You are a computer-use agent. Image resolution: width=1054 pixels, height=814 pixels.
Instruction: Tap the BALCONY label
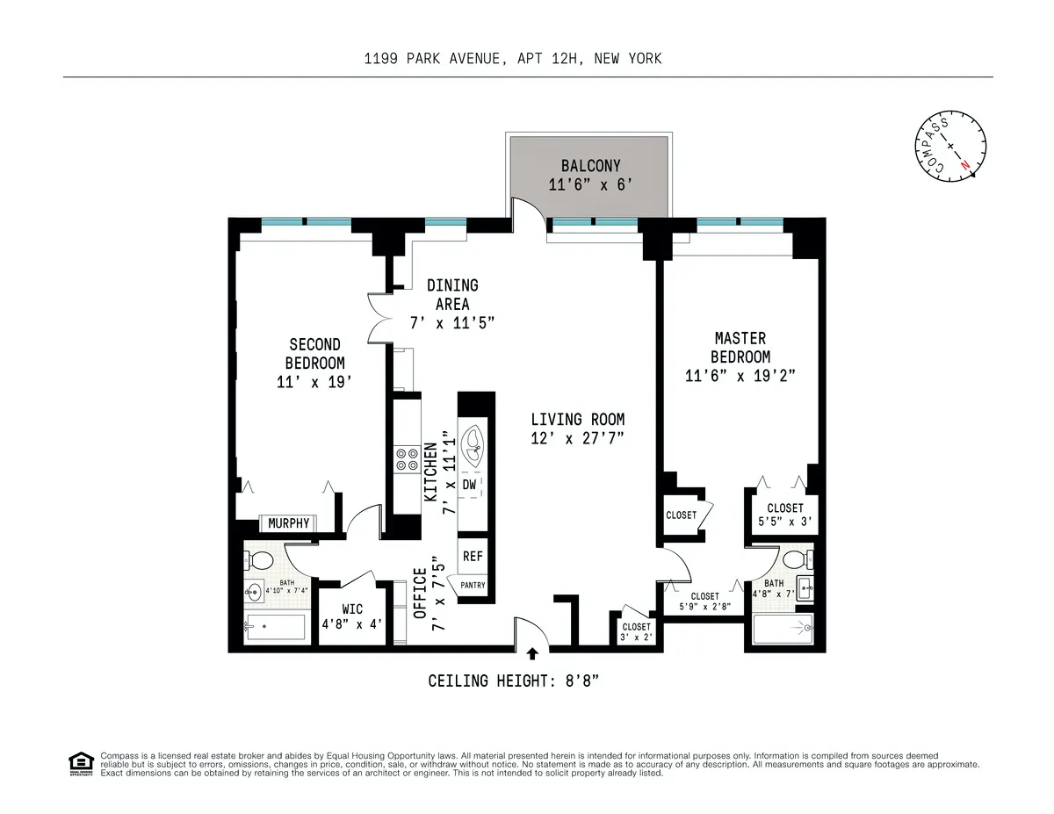[590, 165]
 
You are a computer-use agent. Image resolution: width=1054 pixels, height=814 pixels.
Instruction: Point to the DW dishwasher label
[469, 485]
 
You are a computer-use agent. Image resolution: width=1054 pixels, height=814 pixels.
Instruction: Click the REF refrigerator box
[472, 556]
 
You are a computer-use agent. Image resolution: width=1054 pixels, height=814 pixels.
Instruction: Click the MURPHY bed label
[289, 523]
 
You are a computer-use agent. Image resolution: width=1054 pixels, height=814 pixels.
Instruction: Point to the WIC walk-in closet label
[351, 610]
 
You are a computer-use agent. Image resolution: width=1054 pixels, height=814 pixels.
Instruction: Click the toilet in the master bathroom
[796, 559]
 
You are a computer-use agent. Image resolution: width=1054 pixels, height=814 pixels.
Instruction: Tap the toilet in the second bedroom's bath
[261, 560]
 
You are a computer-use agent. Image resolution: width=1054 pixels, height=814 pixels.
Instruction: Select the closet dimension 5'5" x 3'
[784, 522]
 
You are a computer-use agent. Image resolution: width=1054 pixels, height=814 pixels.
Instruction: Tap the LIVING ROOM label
[577, 420]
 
